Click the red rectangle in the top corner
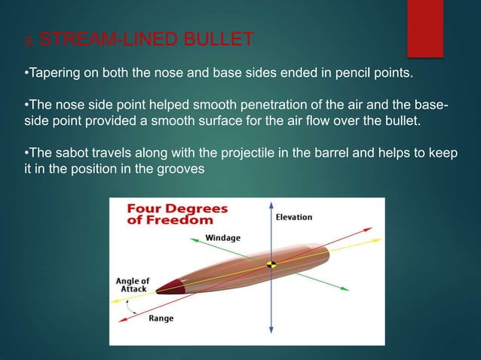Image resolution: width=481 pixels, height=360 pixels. click(425, 27)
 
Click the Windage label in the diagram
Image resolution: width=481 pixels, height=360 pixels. click(223, 238)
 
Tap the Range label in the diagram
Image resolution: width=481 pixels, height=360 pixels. click(161, 319)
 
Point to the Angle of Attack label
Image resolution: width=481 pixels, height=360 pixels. click(132, 285)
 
